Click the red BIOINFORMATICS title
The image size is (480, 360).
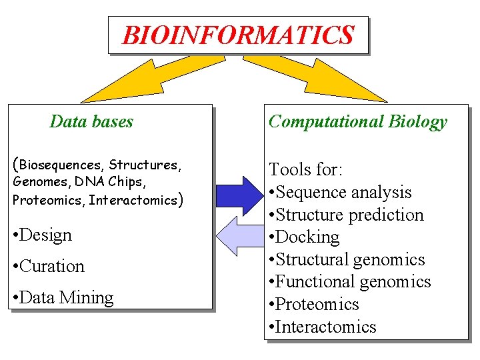point(238,35)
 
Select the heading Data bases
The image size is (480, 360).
point(91,121)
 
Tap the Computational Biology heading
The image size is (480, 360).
point(357,121)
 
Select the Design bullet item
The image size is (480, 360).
point(42,235)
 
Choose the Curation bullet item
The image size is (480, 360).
point(49,266)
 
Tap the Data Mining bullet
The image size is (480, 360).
point(63,297)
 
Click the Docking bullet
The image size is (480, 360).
point(304,237)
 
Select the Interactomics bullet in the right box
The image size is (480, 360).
point(323,327)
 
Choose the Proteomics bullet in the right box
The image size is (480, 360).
point(314,304)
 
